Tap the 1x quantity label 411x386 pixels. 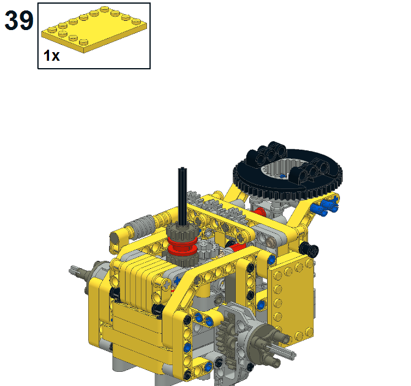pyautogui.click(x=51, y=55)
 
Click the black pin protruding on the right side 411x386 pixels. pyautogui.click(x=312, y=249)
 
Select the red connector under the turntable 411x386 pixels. pyautogui.click(x=259, y=213)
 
